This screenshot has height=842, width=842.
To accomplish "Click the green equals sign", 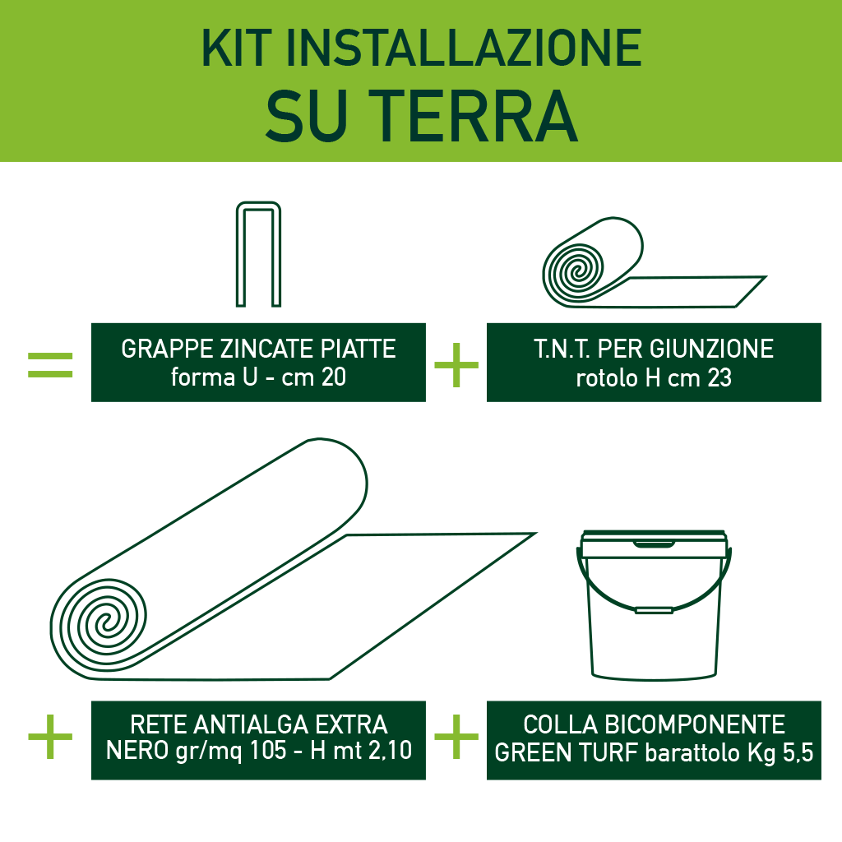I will (50, 366).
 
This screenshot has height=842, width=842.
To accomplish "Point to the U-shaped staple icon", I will (259, 255).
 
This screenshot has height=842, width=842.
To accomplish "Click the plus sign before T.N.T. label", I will (456, 366).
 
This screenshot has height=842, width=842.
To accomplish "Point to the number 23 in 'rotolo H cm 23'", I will (717, 378).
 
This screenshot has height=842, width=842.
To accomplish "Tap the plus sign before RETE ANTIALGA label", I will (50, 736).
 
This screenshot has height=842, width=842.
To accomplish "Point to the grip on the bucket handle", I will (654, 610).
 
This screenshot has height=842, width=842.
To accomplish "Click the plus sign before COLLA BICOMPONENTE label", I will (456, 736).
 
